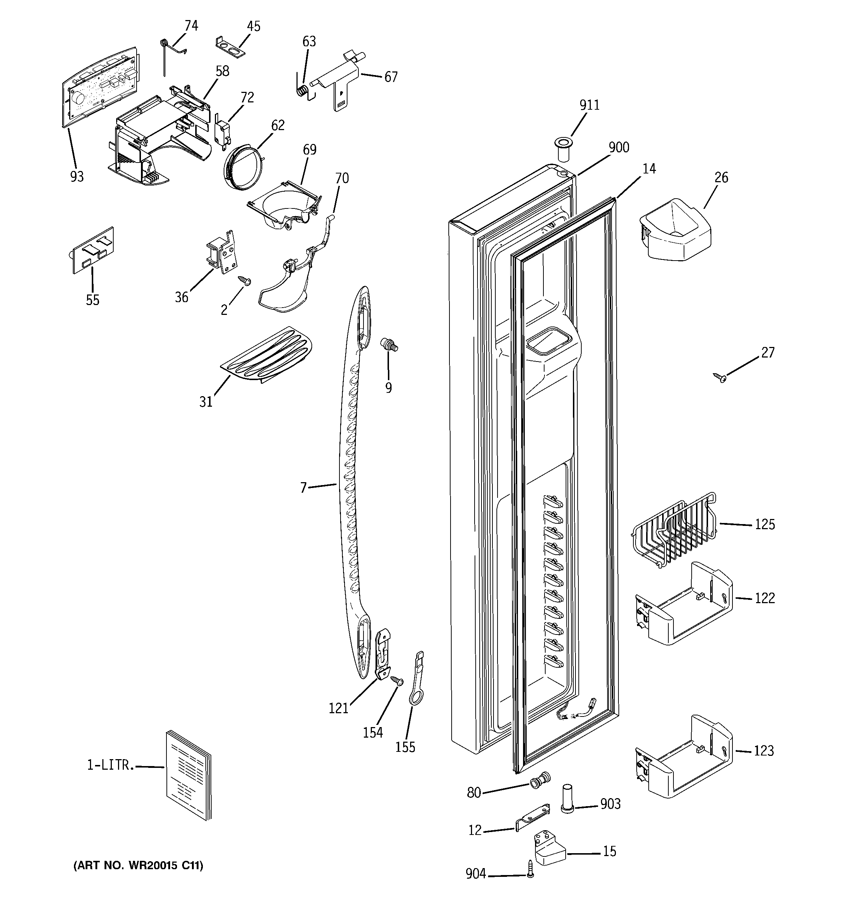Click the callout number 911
[589, 105]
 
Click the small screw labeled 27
[719, 376]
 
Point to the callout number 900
[619, 148]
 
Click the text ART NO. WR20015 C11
[138, 865]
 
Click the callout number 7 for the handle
[303, 487]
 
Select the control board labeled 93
[99, 85]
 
